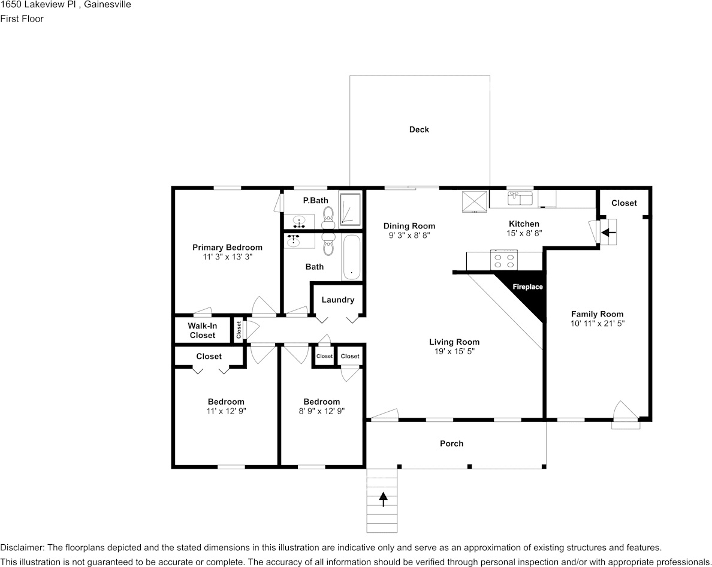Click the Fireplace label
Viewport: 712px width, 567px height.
[x=527, y=287]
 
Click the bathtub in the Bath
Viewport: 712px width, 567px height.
[x=351, y=257]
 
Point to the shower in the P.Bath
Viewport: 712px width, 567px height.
[x=350, y=209]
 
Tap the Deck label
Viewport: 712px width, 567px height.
[x=419, y=129]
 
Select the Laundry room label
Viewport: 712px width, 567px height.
[x=337, y=300]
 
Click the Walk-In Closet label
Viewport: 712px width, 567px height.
[x=202, y=331]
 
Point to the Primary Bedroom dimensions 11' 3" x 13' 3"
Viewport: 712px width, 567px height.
[x=227, y=257]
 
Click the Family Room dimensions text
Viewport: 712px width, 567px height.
[x=597, y=324]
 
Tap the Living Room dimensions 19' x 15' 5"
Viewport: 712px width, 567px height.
[x=454, y=352]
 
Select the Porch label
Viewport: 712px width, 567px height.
[x=451, y=444]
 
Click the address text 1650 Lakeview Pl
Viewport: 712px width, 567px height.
[x=36, y=5]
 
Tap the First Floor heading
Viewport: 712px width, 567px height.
[x=22, y=19]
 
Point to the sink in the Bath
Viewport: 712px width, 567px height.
[x=294, y=241]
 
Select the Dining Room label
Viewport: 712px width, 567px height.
[x=409, y=226]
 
